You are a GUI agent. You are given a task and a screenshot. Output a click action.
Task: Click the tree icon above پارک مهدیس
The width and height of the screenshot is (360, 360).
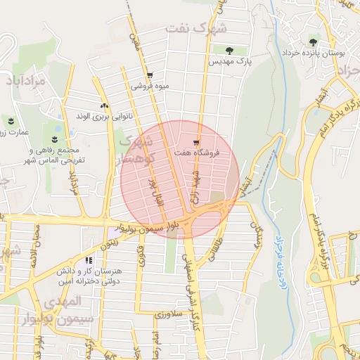click(229, 50)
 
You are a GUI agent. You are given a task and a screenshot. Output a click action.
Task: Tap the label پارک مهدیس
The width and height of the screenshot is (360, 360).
click(229, 62)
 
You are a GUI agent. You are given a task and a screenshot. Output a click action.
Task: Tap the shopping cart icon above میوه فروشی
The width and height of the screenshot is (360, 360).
click(150, 75)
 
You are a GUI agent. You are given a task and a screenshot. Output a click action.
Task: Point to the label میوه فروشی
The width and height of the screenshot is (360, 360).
click(150, 87)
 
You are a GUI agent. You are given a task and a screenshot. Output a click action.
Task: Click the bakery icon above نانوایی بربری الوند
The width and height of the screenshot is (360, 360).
click(104, 105)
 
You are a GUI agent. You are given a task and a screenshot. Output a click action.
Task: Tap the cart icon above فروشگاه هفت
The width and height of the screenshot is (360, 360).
click(196, 141)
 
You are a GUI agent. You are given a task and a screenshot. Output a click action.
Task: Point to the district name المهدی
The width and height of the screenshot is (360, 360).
click(63, 301)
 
